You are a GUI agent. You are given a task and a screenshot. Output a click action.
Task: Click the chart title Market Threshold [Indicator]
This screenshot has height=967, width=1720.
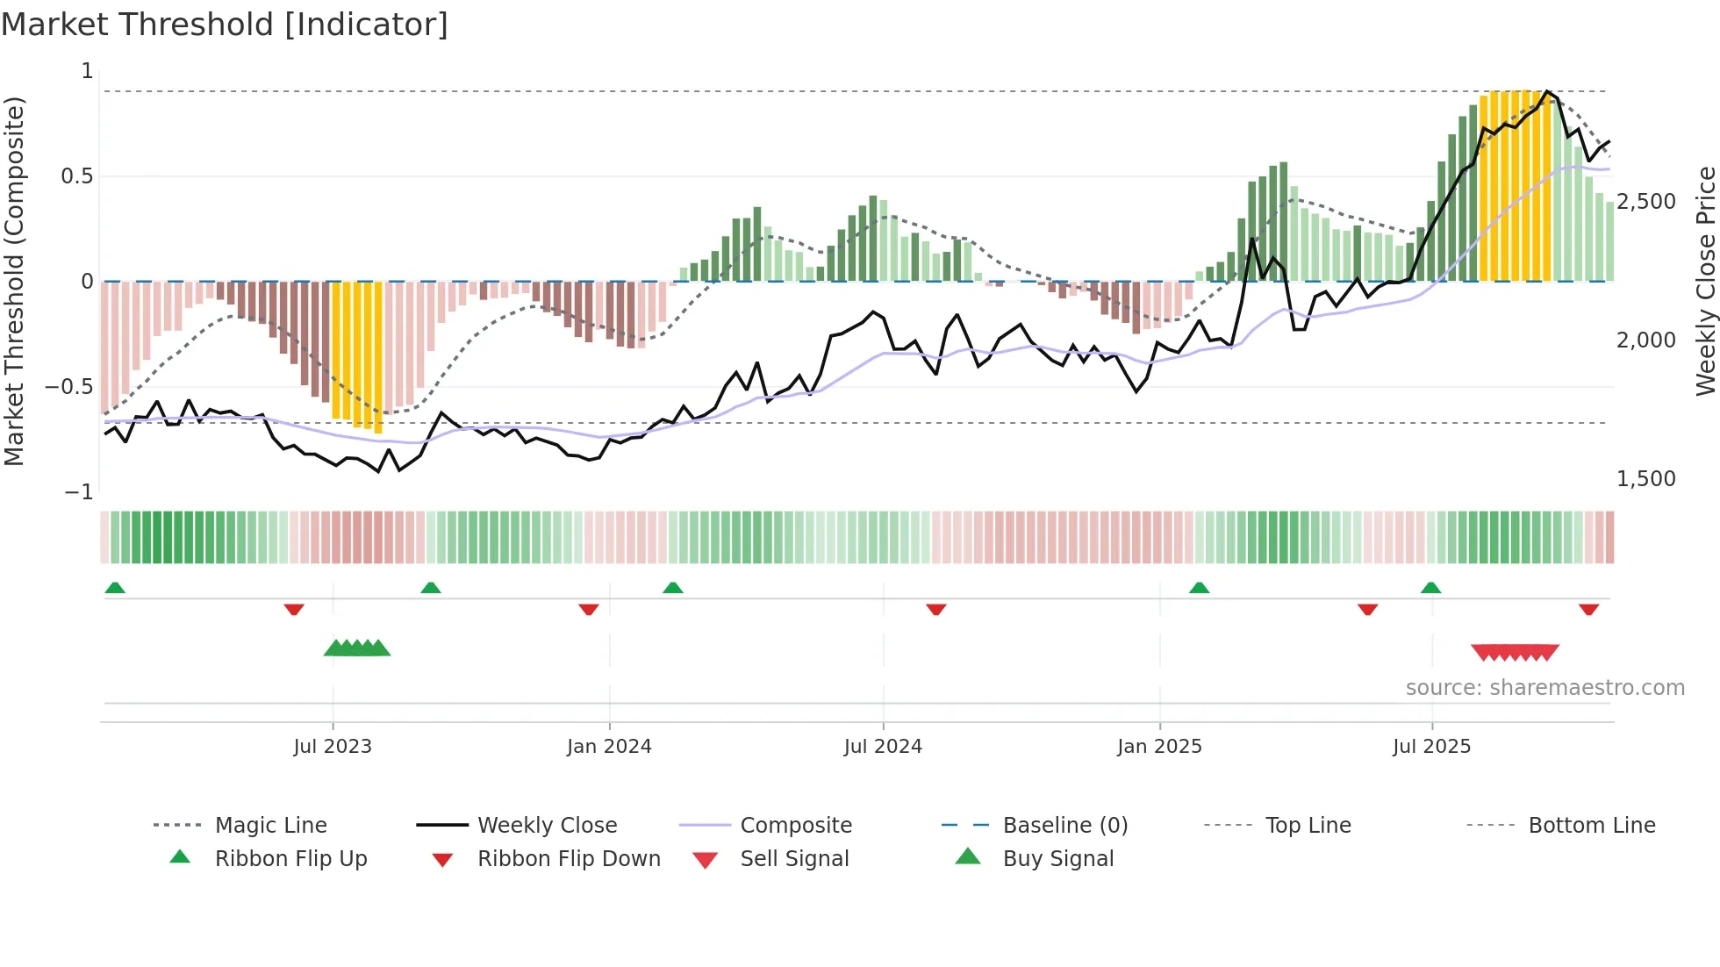[x=225, y=25]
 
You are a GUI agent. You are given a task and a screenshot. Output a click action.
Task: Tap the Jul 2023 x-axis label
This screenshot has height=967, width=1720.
[x=333, y=747]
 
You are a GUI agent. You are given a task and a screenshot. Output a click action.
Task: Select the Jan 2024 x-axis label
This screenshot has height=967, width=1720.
[x=609, y=747]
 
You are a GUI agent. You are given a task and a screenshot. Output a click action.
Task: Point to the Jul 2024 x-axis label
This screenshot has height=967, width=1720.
[x=883, y=747]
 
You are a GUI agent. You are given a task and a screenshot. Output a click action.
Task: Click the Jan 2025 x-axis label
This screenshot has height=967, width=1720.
[x=1159, y=747]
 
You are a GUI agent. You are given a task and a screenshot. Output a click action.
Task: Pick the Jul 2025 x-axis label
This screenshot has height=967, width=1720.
[x=1431, y=747]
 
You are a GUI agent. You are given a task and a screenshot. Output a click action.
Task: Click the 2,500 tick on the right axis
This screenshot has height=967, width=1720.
[x=1646, y=202]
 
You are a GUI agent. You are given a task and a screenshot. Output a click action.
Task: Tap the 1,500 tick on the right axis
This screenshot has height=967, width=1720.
[x=1646, y=479]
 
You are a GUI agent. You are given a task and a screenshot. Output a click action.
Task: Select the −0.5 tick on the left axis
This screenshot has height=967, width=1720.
[x=68, y=387]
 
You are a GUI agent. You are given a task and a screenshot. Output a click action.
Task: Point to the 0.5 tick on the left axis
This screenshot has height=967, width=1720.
[x=76, y=176]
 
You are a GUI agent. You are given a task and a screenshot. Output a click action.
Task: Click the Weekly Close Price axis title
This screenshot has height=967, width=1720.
[x=1705, y=281]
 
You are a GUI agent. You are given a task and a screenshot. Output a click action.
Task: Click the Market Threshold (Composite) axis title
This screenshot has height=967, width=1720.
[x=14, y=281]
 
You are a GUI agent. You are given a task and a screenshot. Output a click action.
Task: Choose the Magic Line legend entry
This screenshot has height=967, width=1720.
[x=270, y=826]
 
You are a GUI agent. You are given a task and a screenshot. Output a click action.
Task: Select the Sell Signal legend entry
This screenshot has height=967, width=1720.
[x=794, y=859]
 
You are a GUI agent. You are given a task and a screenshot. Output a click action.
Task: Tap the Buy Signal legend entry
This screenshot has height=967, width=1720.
[x=1057, y=859]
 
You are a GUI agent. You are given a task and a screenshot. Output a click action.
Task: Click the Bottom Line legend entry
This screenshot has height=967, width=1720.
[x=1591, y=826]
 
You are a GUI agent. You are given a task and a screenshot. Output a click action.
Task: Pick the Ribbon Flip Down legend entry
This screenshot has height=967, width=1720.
[x=569, y=859]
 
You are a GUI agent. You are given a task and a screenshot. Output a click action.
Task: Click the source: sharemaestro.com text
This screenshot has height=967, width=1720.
[x=1544, y=688]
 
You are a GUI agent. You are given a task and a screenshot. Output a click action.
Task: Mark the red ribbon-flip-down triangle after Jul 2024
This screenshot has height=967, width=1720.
[x=936, y=609]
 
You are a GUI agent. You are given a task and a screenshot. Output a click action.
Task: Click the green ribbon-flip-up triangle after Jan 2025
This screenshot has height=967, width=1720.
[x=1199, y=588]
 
